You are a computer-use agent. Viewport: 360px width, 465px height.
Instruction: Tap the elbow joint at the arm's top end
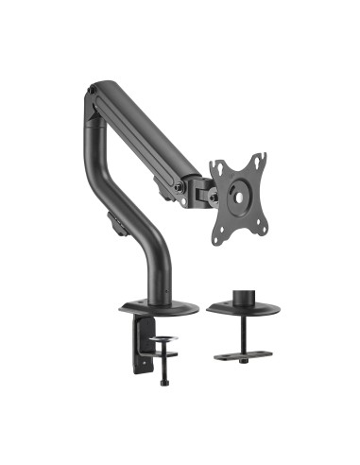(x=94, y=95)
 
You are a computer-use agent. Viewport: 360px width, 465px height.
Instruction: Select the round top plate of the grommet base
(x=250, y=311)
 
